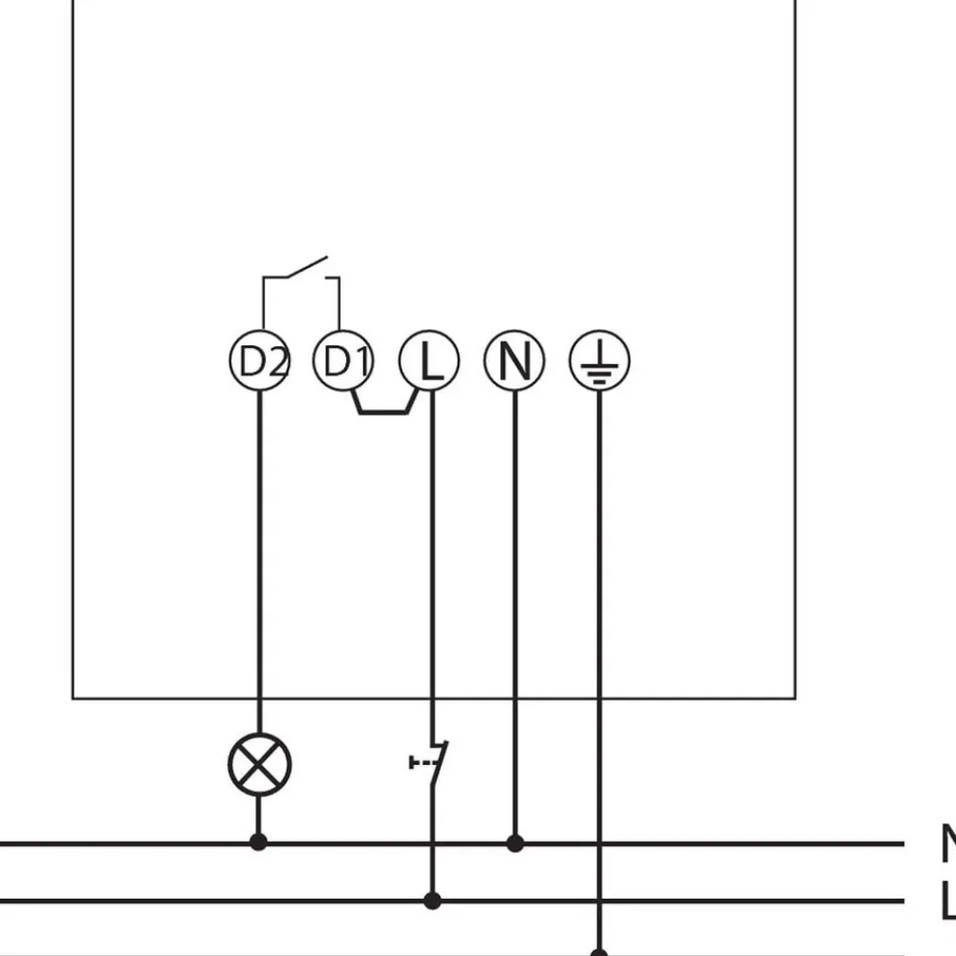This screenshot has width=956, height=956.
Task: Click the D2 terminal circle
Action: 259,361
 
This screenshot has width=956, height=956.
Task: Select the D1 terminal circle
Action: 343,361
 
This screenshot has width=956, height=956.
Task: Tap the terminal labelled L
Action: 429,361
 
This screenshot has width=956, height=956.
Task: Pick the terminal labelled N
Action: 514,361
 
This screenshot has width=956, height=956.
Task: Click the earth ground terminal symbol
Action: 599,361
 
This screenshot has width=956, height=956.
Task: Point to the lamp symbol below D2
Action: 259,765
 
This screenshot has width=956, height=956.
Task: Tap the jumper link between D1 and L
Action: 385,412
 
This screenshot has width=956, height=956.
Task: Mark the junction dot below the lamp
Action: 258,842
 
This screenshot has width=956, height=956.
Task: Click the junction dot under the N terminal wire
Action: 515,843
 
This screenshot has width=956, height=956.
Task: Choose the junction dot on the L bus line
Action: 432,901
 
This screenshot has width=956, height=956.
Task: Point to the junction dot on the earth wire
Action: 599,952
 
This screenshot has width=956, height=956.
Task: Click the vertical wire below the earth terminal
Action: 599,621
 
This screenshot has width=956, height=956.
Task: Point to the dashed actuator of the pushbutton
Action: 419,762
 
